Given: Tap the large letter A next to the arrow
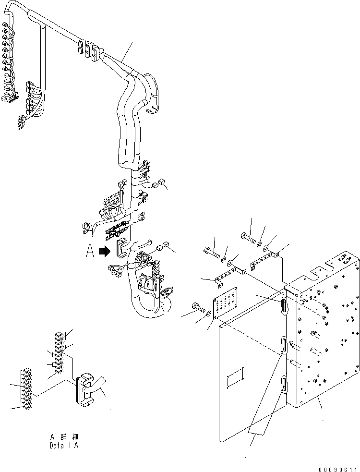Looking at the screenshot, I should pos(90,252).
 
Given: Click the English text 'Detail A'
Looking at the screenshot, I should pos(64,445).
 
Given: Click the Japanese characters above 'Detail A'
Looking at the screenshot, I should pos(64,437).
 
